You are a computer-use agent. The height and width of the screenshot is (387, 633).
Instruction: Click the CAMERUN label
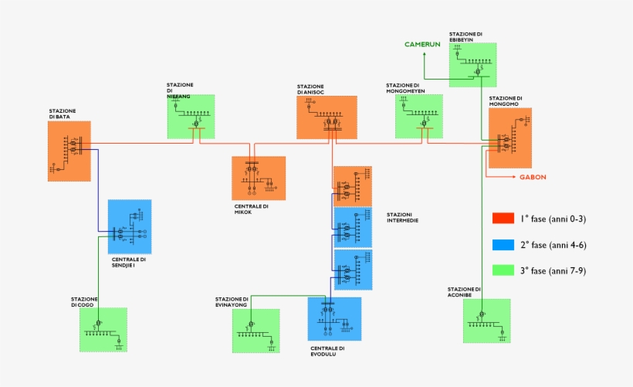click(x=422, y=45)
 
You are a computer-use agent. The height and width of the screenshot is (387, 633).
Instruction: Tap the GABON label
click(x=533, y=177)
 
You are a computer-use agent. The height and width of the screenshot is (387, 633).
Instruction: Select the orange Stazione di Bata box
click(x=69, y=151)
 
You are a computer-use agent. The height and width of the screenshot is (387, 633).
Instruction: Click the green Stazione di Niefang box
click(x=191, y=117)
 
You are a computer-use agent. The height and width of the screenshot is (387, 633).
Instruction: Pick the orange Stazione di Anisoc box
click(x=327, y=117)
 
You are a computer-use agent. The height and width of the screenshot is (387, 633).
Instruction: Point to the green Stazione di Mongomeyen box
click(x=419, y=117)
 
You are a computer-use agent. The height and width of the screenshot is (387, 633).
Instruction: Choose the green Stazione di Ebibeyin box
click(x=472, y=64)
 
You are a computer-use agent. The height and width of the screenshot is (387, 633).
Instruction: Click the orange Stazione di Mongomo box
click(x=509, y=137)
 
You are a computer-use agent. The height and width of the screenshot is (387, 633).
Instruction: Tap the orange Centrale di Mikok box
click(x=259, y=178)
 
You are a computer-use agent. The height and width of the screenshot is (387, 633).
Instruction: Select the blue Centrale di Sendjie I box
click(x=130, y=226)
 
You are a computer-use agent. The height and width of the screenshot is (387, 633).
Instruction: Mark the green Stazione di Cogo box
click(x=103, y=330)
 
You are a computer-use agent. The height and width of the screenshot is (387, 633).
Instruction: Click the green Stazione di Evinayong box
click(x=256, y=331)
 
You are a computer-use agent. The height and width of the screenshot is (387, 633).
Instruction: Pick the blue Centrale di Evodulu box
click(x=334, y=318)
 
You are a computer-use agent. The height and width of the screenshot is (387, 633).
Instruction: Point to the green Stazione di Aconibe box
click(x=486, y=321)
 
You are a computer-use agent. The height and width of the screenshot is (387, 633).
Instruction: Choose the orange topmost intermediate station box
click(x=352, y=185)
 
